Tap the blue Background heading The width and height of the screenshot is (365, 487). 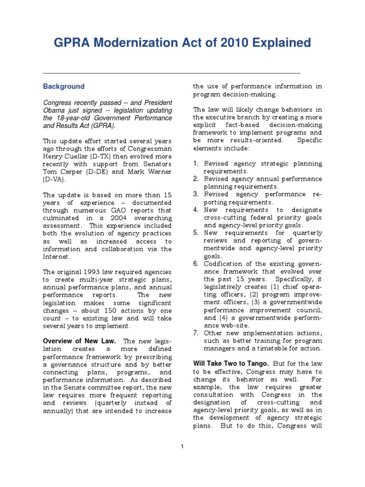tap(64, 87)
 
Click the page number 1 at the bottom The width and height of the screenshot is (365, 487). tap(182, 446)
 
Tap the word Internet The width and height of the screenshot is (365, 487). tap(56, 256)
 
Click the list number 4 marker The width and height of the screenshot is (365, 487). tap(195, 210)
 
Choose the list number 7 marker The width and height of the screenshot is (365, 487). tap(195, 332)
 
